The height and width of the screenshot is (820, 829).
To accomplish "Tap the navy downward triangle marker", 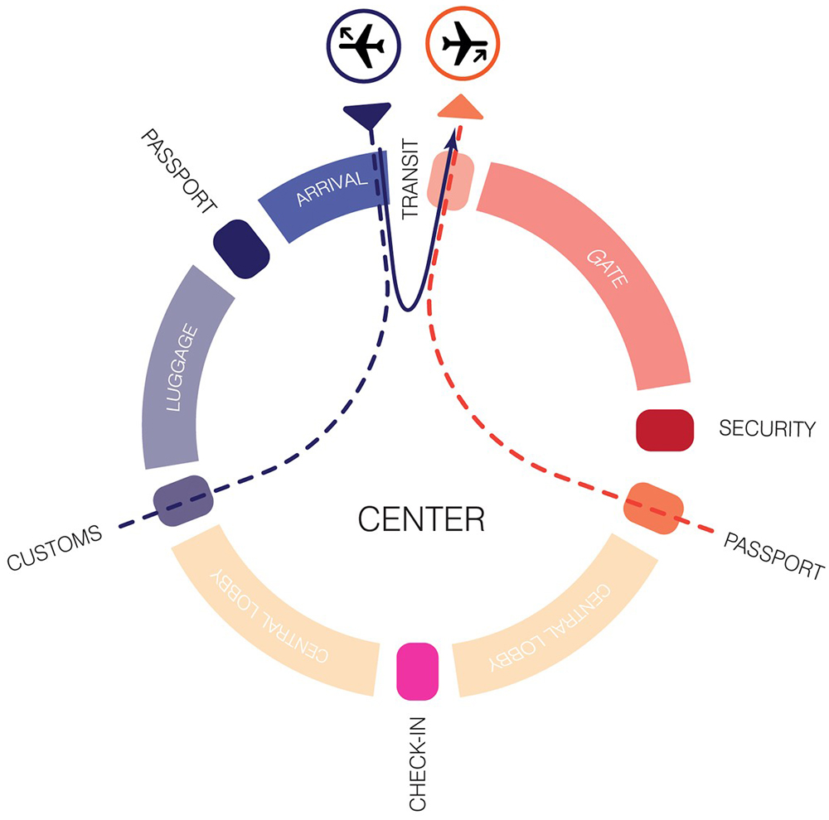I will click(366, 115).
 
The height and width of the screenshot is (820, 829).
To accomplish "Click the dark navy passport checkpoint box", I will click(241, 248).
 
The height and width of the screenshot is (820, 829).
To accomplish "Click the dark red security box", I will click(665, 430).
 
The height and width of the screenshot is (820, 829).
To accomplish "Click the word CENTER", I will click(420, 519).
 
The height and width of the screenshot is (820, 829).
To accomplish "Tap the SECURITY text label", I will click(768, 429).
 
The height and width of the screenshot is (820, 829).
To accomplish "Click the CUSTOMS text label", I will click(54, 548).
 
